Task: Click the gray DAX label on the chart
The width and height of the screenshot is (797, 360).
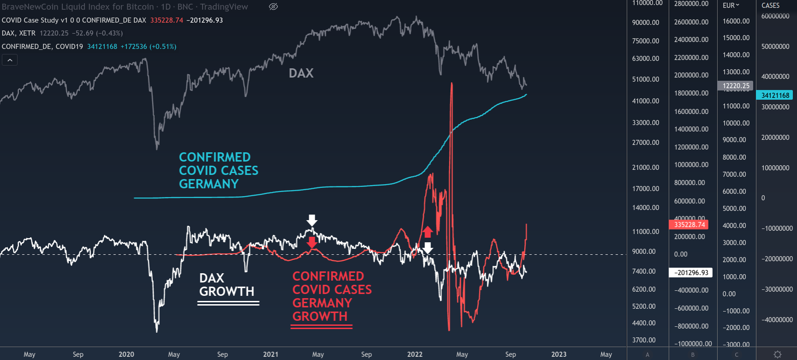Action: pyautogui.click(x=301, y=73)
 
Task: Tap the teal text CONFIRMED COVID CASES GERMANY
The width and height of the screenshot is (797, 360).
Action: pyautogui.click(x=218, y=170)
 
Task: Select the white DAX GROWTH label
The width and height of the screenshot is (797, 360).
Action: pyautogui.click(x=226, y=285)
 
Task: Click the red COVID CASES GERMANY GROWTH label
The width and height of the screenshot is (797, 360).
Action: pyautogui.click(x=331, y=296)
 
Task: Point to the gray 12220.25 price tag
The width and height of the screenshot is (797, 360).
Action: pyautogui.click(x=736, y=86)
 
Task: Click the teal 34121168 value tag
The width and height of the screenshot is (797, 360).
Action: pyautogui.click(x=775, y=96)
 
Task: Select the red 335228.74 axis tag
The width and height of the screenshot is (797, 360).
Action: pyautogui.click(x=689, y=225)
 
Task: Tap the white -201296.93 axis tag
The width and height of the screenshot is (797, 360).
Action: pyautogui.click(x=691, y=273)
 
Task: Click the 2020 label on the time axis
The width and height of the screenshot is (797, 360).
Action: pyautogui.click(x=126, y=354)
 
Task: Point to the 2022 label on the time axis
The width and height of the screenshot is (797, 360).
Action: pyautogui.click(x=414, y=354)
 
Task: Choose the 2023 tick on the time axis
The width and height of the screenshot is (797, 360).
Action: pyautogui.click(x=558, y=354)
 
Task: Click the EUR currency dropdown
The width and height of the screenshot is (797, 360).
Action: pyautogui.click(x=731, y=6)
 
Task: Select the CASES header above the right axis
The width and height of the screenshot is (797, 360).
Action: pyautogui.click(x=770, y=6)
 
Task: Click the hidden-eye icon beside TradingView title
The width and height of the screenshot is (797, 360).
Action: pyautogui.click(x=273, y=6)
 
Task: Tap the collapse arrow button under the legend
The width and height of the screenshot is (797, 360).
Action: pyautogui.click(x=10, y=60)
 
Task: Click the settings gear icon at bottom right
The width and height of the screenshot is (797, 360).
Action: pyautogui.click(x=777, y=354)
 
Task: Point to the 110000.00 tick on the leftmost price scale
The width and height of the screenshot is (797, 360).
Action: pyautogui.click(x=647, y=3)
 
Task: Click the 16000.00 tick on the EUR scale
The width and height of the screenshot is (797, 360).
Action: pyautogui.click(x=736, y=21)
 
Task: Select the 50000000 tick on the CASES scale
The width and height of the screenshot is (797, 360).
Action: pyautogui.click(x=775, y=47)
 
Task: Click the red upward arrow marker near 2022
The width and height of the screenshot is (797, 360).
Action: pyautogui.click(x=428, y=231)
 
